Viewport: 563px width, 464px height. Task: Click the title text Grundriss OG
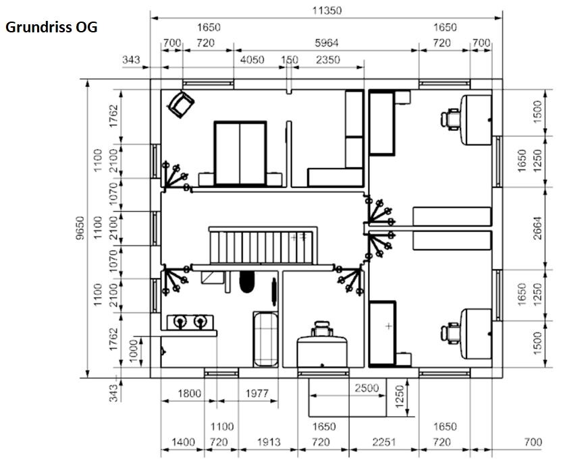point(51,28)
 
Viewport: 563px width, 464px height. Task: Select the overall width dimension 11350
point(327,10)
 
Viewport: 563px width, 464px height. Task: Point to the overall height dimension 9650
point(80,228)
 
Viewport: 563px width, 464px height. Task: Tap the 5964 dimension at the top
point(326,43)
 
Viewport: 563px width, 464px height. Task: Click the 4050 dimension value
point(252,59)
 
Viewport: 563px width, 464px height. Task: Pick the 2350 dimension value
point(328,59)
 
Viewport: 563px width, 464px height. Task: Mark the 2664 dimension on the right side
point(537,228)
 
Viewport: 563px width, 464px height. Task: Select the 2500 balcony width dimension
point(367,388)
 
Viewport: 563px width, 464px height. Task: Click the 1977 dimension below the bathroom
point(257,394)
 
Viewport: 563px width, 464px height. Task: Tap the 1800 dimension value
point(189,394)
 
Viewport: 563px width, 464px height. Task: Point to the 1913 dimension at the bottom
point(269,442)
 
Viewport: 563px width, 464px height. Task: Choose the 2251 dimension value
point(384,442)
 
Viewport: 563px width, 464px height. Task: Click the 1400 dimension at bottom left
point(183,442)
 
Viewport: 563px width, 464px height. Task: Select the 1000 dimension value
point(133,351)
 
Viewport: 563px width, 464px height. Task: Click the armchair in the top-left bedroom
point(181,104)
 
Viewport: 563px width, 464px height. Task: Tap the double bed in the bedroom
point(240,154)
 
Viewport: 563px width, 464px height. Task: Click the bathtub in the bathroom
point(266,339)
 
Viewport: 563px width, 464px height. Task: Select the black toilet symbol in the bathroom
point(246,282)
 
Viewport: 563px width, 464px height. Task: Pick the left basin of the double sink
point(180,321)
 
